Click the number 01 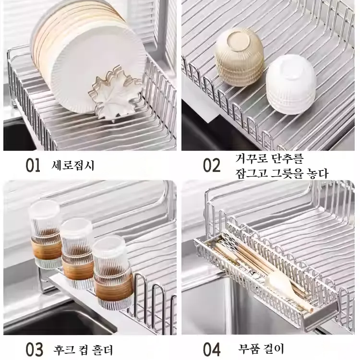click(33, 166)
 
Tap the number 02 click(211, 166)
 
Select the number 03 click(34, 349)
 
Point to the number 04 click(212, 349)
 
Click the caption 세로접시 click(73, 166)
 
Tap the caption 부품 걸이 click(264, 348)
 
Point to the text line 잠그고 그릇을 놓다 click(282, 173)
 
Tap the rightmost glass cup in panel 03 click(112, 271)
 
